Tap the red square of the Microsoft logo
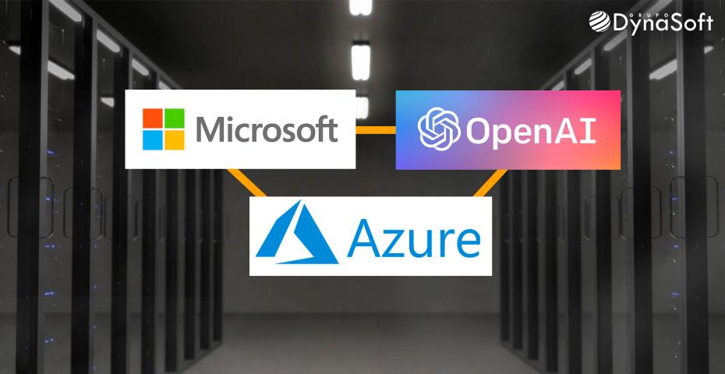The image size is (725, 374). pos(152,118)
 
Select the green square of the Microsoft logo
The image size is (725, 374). pos(174,118)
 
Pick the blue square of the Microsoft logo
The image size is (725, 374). pos(152,139)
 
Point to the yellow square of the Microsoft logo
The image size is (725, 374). pos(174,139)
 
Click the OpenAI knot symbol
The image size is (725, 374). pos(437,129)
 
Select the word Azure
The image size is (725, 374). pos(413,238)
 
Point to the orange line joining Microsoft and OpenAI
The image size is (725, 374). pos(376,129)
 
